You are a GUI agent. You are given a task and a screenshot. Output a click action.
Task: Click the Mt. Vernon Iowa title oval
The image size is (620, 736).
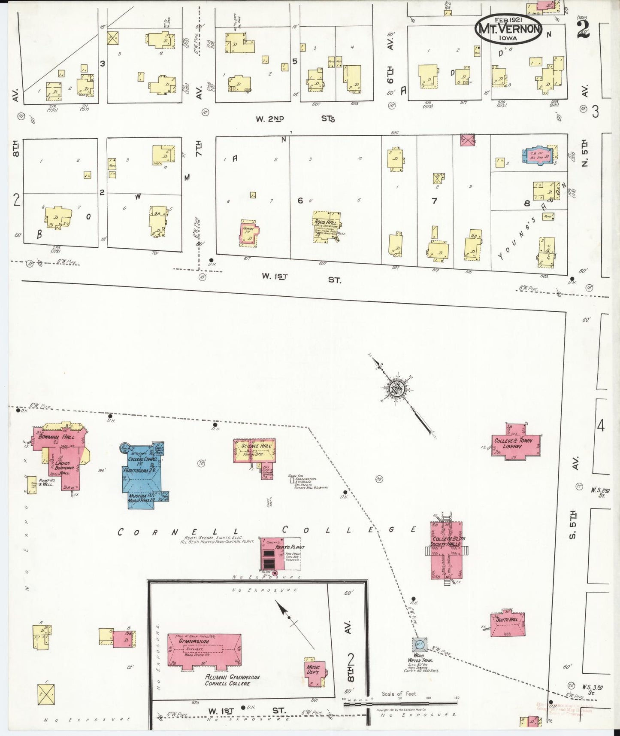508,29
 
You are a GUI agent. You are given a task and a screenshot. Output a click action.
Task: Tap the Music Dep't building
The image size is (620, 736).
314,670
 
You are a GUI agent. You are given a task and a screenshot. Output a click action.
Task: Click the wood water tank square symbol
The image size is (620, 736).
419,645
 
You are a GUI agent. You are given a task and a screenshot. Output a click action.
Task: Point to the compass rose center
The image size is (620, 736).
395,390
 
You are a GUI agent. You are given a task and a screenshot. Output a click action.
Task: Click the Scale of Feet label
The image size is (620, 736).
399,694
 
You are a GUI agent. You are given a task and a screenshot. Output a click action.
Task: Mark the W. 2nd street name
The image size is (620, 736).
270,119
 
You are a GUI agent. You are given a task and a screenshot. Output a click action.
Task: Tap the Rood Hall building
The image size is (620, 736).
326,226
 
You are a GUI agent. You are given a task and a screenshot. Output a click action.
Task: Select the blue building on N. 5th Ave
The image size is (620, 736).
538,155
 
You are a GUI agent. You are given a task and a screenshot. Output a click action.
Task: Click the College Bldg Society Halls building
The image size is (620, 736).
447,550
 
